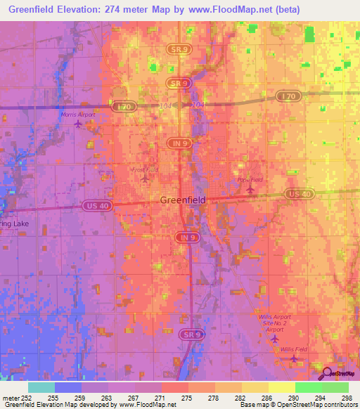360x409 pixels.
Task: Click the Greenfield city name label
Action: pos(183,200)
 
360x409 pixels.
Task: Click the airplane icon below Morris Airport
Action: pos(77,125)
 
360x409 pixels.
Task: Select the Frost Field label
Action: pos(144,169)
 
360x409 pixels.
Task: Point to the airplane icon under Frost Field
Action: pos(145,178)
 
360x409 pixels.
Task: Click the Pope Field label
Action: pos(250,180)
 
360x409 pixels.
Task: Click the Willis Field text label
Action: pos(294,349)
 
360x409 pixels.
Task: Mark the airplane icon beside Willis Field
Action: pos(294,358)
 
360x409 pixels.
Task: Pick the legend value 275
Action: pos(186,398)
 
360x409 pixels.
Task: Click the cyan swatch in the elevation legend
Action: pos(41,387)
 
